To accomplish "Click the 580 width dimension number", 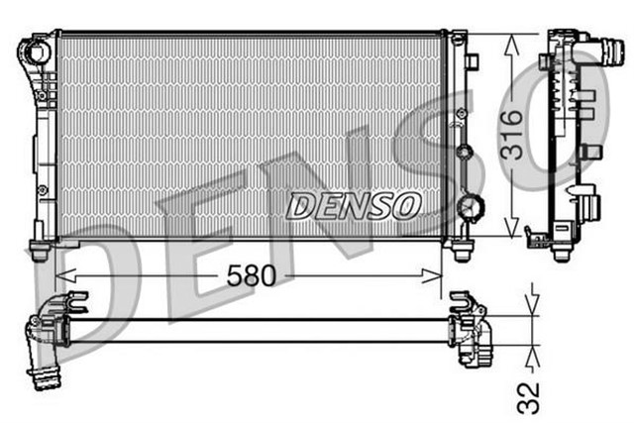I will tap(251, 275).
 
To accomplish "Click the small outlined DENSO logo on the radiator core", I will tap(354, 205).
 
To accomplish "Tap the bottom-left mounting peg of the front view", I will tap(40, 252).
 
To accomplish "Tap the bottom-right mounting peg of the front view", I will tap(461, 252).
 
